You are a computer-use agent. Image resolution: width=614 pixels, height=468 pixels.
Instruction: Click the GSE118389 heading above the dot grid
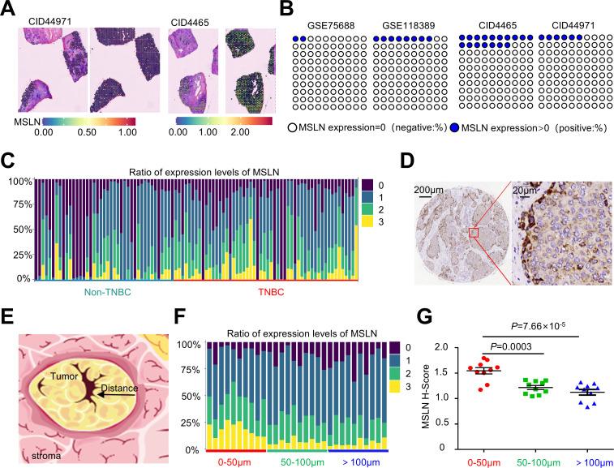tap(402, 25)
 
